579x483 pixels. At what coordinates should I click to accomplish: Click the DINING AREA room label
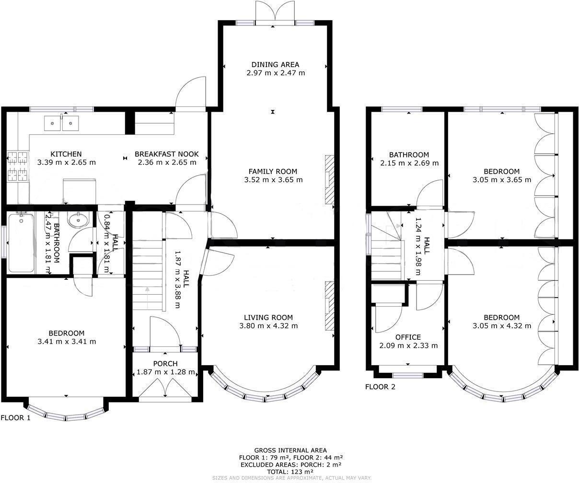275,64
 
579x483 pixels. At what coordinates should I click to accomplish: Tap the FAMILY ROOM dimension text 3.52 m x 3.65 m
273,180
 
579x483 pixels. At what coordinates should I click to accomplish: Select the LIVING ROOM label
268,317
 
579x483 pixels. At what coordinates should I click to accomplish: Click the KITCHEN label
66,154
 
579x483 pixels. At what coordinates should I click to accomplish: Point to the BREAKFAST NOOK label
166,154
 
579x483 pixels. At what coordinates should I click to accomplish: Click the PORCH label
165,364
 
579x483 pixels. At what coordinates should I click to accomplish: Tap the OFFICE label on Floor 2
408,337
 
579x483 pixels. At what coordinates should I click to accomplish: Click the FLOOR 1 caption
16,418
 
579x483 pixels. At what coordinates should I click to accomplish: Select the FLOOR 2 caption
380,387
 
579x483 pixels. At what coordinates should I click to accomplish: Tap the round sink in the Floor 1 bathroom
78,220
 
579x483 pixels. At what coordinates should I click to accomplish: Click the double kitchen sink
61,123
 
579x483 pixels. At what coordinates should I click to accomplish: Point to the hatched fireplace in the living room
329,306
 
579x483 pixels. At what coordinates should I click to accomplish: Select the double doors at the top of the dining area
275,12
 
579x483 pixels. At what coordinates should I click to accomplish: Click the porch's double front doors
165,388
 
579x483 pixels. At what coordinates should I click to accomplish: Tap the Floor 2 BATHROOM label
409,155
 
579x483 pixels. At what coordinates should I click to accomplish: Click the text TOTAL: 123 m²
290,471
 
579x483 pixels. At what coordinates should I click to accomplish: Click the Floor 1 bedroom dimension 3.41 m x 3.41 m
67,342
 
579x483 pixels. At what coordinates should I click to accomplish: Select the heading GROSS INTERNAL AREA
290,450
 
